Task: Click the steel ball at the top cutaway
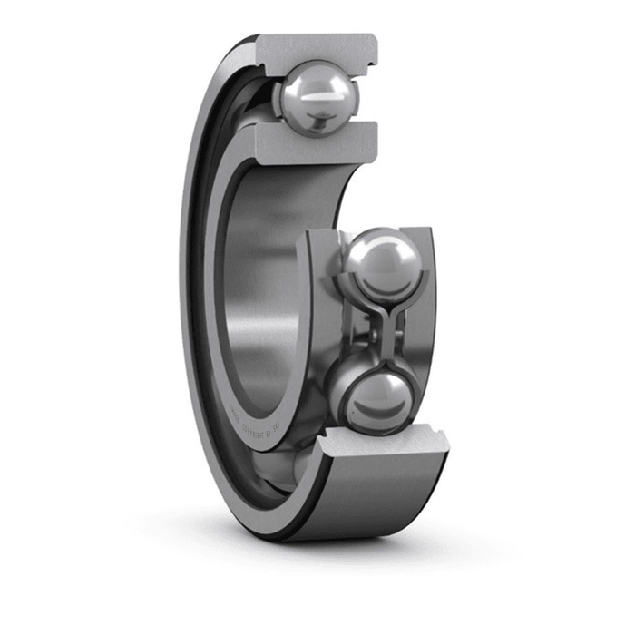317,95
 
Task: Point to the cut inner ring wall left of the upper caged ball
317,290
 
